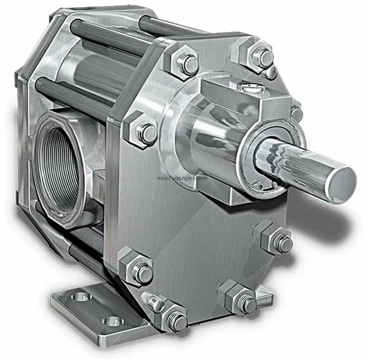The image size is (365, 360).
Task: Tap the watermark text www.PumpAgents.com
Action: coord(182,179)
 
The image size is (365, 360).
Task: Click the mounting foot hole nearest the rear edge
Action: coord(81,297)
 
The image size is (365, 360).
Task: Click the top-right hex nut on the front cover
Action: coord(261,57)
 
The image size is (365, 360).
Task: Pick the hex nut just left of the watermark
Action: coord(144,132)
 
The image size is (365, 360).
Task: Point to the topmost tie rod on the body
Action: coord(109,30)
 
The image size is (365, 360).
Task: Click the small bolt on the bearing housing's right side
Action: coord(296,113)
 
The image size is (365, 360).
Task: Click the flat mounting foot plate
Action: coord(91,312)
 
